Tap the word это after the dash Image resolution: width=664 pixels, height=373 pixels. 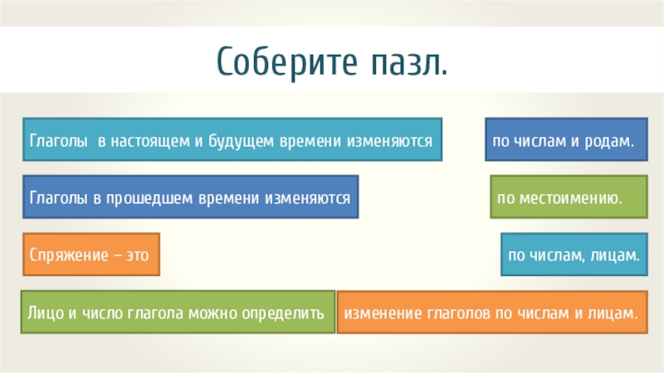tap(136, 255)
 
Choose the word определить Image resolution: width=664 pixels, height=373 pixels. tap(283, 313)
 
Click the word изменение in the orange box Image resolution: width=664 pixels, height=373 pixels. tap(382, 313)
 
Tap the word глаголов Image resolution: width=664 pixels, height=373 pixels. tap(454, 313)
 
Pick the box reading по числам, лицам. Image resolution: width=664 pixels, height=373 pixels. tap(574, 255)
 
